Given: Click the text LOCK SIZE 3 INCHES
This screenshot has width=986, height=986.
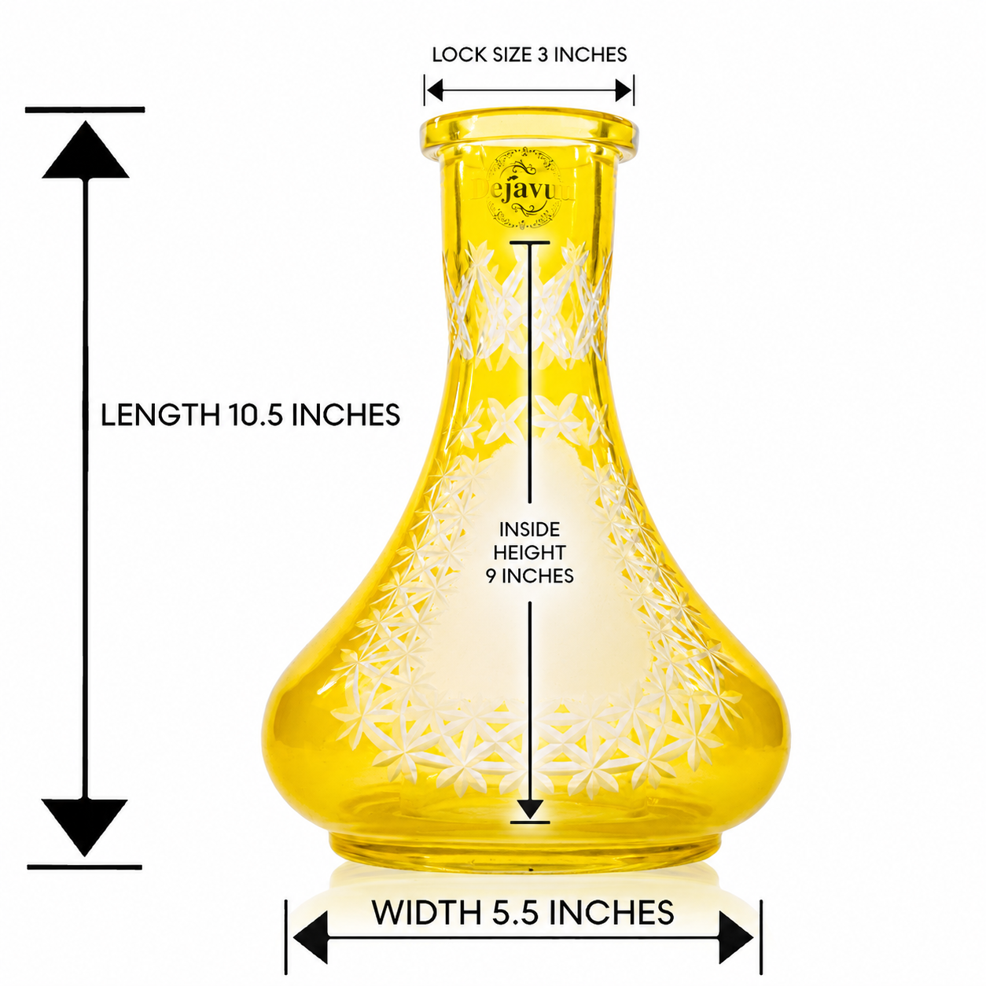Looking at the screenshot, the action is point(529,55).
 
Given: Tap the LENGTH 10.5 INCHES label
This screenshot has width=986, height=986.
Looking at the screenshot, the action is point(250,414).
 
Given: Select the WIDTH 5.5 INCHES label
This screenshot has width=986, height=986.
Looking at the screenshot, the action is point(522,912).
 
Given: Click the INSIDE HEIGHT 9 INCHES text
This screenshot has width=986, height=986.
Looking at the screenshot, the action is point(530,552).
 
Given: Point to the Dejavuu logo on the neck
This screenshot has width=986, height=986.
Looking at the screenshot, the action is point(523,189).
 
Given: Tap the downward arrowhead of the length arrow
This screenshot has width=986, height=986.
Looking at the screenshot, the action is point(84,827).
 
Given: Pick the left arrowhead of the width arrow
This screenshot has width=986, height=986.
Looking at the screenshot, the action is point(311,937).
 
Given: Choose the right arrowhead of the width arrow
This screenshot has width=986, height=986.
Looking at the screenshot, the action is point(736,937).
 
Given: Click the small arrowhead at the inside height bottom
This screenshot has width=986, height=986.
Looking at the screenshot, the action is point(530,809).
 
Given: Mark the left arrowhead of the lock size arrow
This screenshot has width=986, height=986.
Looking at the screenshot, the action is point(434,91).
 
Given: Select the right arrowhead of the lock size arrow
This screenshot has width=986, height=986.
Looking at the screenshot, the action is point(624,91).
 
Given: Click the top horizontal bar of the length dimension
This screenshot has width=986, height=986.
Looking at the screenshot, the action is point(85,109).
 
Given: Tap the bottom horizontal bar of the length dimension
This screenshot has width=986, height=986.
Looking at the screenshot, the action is point(84,866).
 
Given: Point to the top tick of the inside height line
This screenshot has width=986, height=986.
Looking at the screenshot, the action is point(530,242).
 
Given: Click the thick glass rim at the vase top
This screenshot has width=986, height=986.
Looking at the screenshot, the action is point(529,131).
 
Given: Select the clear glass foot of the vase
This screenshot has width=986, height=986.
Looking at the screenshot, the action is point(527,850).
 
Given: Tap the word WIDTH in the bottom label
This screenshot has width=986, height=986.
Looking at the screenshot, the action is point(427,912).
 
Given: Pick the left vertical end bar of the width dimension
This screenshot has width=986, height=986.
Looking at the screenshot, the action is point(285,936).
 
